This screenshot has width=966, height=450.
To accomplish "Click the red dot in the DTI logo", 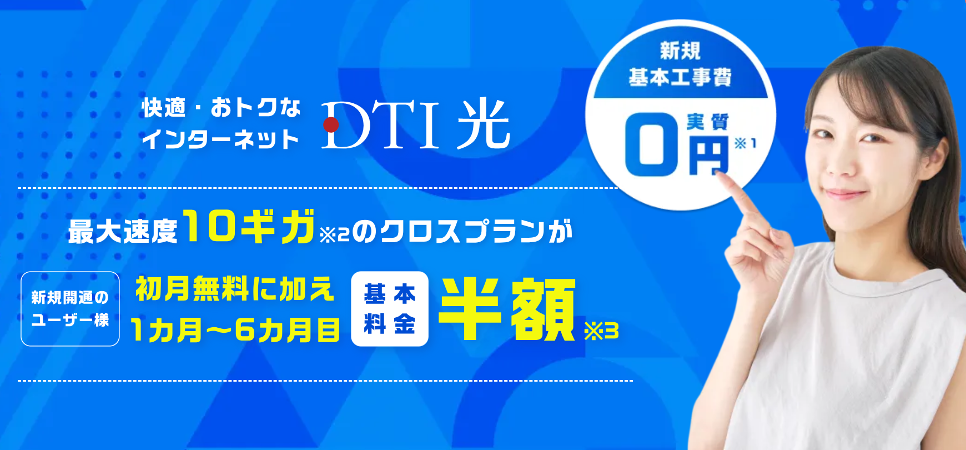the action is (x=331, y=124).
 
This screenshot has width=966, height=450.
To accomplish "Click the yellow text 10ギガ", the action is (x=249, y=226).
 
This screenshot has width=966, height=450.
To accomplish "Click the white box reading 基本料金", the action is (x=390, y=309).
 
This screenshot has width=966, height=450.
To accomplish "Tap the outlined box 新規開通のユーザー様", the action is (x=70, y=309).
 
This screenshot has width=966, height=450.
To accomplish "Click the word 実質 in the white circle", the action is (x=707, y=122).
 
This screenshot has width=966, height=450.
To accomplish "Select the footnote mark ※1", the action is (x=745, y=143).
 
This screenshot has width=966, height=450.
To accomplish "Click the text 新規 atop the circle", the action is (x=680, y=51).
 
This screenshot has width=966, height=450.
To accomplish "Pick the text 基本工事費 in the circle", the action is (x=680, y=77).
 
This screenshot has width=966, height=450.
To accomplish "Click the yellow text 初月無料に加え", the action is (x=235, y=289).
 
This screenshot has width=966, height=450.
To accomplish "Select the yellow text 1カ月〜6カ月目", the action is (x=235, y=330).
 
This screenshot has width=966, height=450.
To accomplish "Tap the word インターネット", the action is (x=220, y=139).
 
